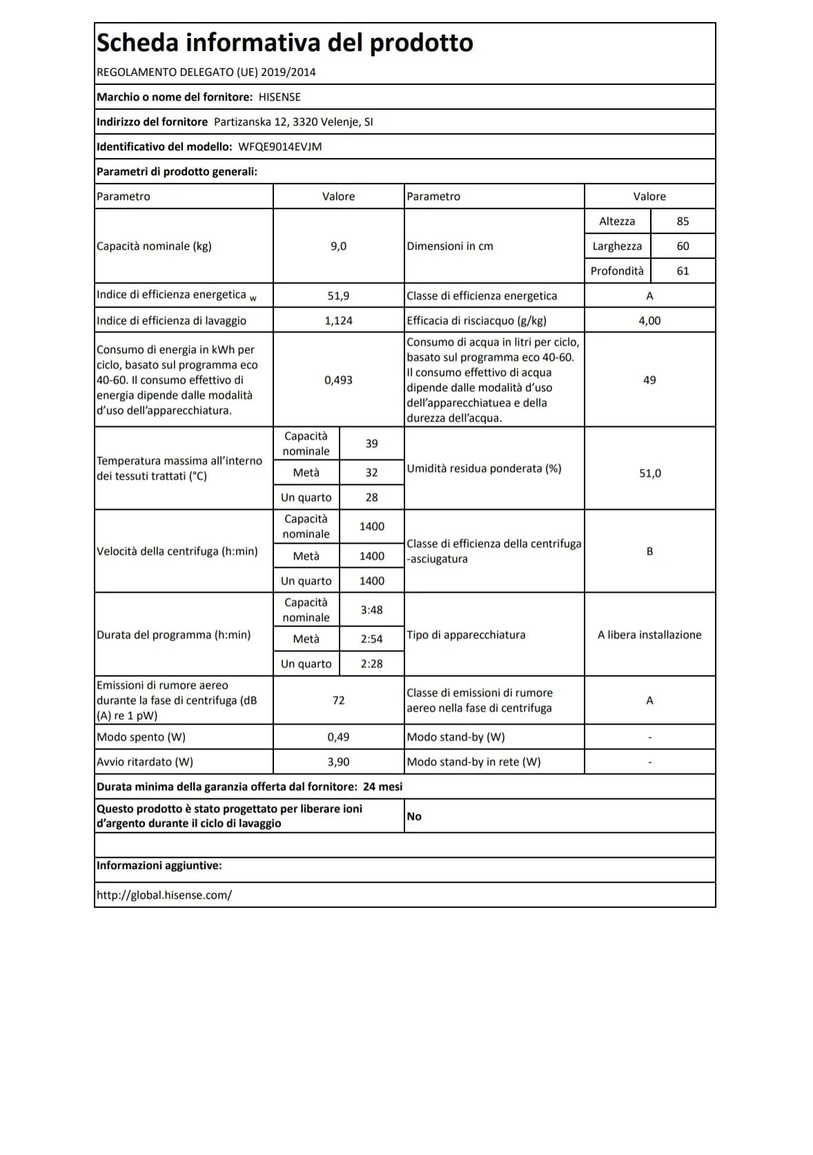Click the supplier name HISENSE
(280, 97)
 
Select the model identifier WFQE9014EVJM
(280, 147)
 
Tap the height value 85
(683, 221)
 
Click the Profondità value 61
(683, 271)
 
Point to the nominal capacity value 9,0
(338, 246)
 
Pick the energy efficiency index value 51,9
(338, 296)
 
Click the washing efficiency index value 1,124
(338, 321)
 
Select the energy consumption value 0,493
(338, 380)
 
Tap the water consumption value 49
(649, 380)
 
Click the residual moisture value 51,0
(649, 473)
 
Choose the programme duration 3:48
(371, 610)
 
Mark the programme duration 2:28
(371, 664)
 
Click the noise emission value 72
(338, 700)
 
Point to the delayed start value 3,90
(338, 762)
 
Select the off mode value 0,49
(338, 738)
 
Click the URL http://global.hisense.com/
(164, 896)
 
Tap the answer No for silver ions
(414, 817)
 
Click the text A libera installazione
(649, 635)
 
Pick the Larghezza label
(617, 246)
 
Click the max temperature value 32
(371, 473)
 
